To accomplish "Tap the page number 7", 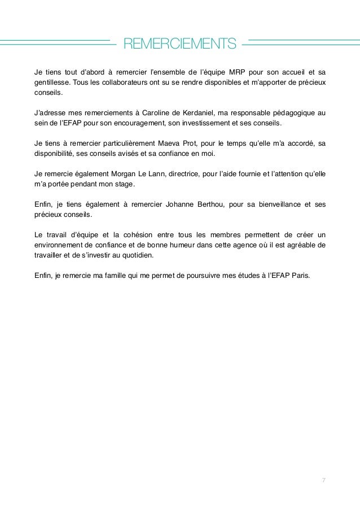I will [323, 480].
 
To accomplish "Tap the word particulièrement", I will [123, 143].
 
